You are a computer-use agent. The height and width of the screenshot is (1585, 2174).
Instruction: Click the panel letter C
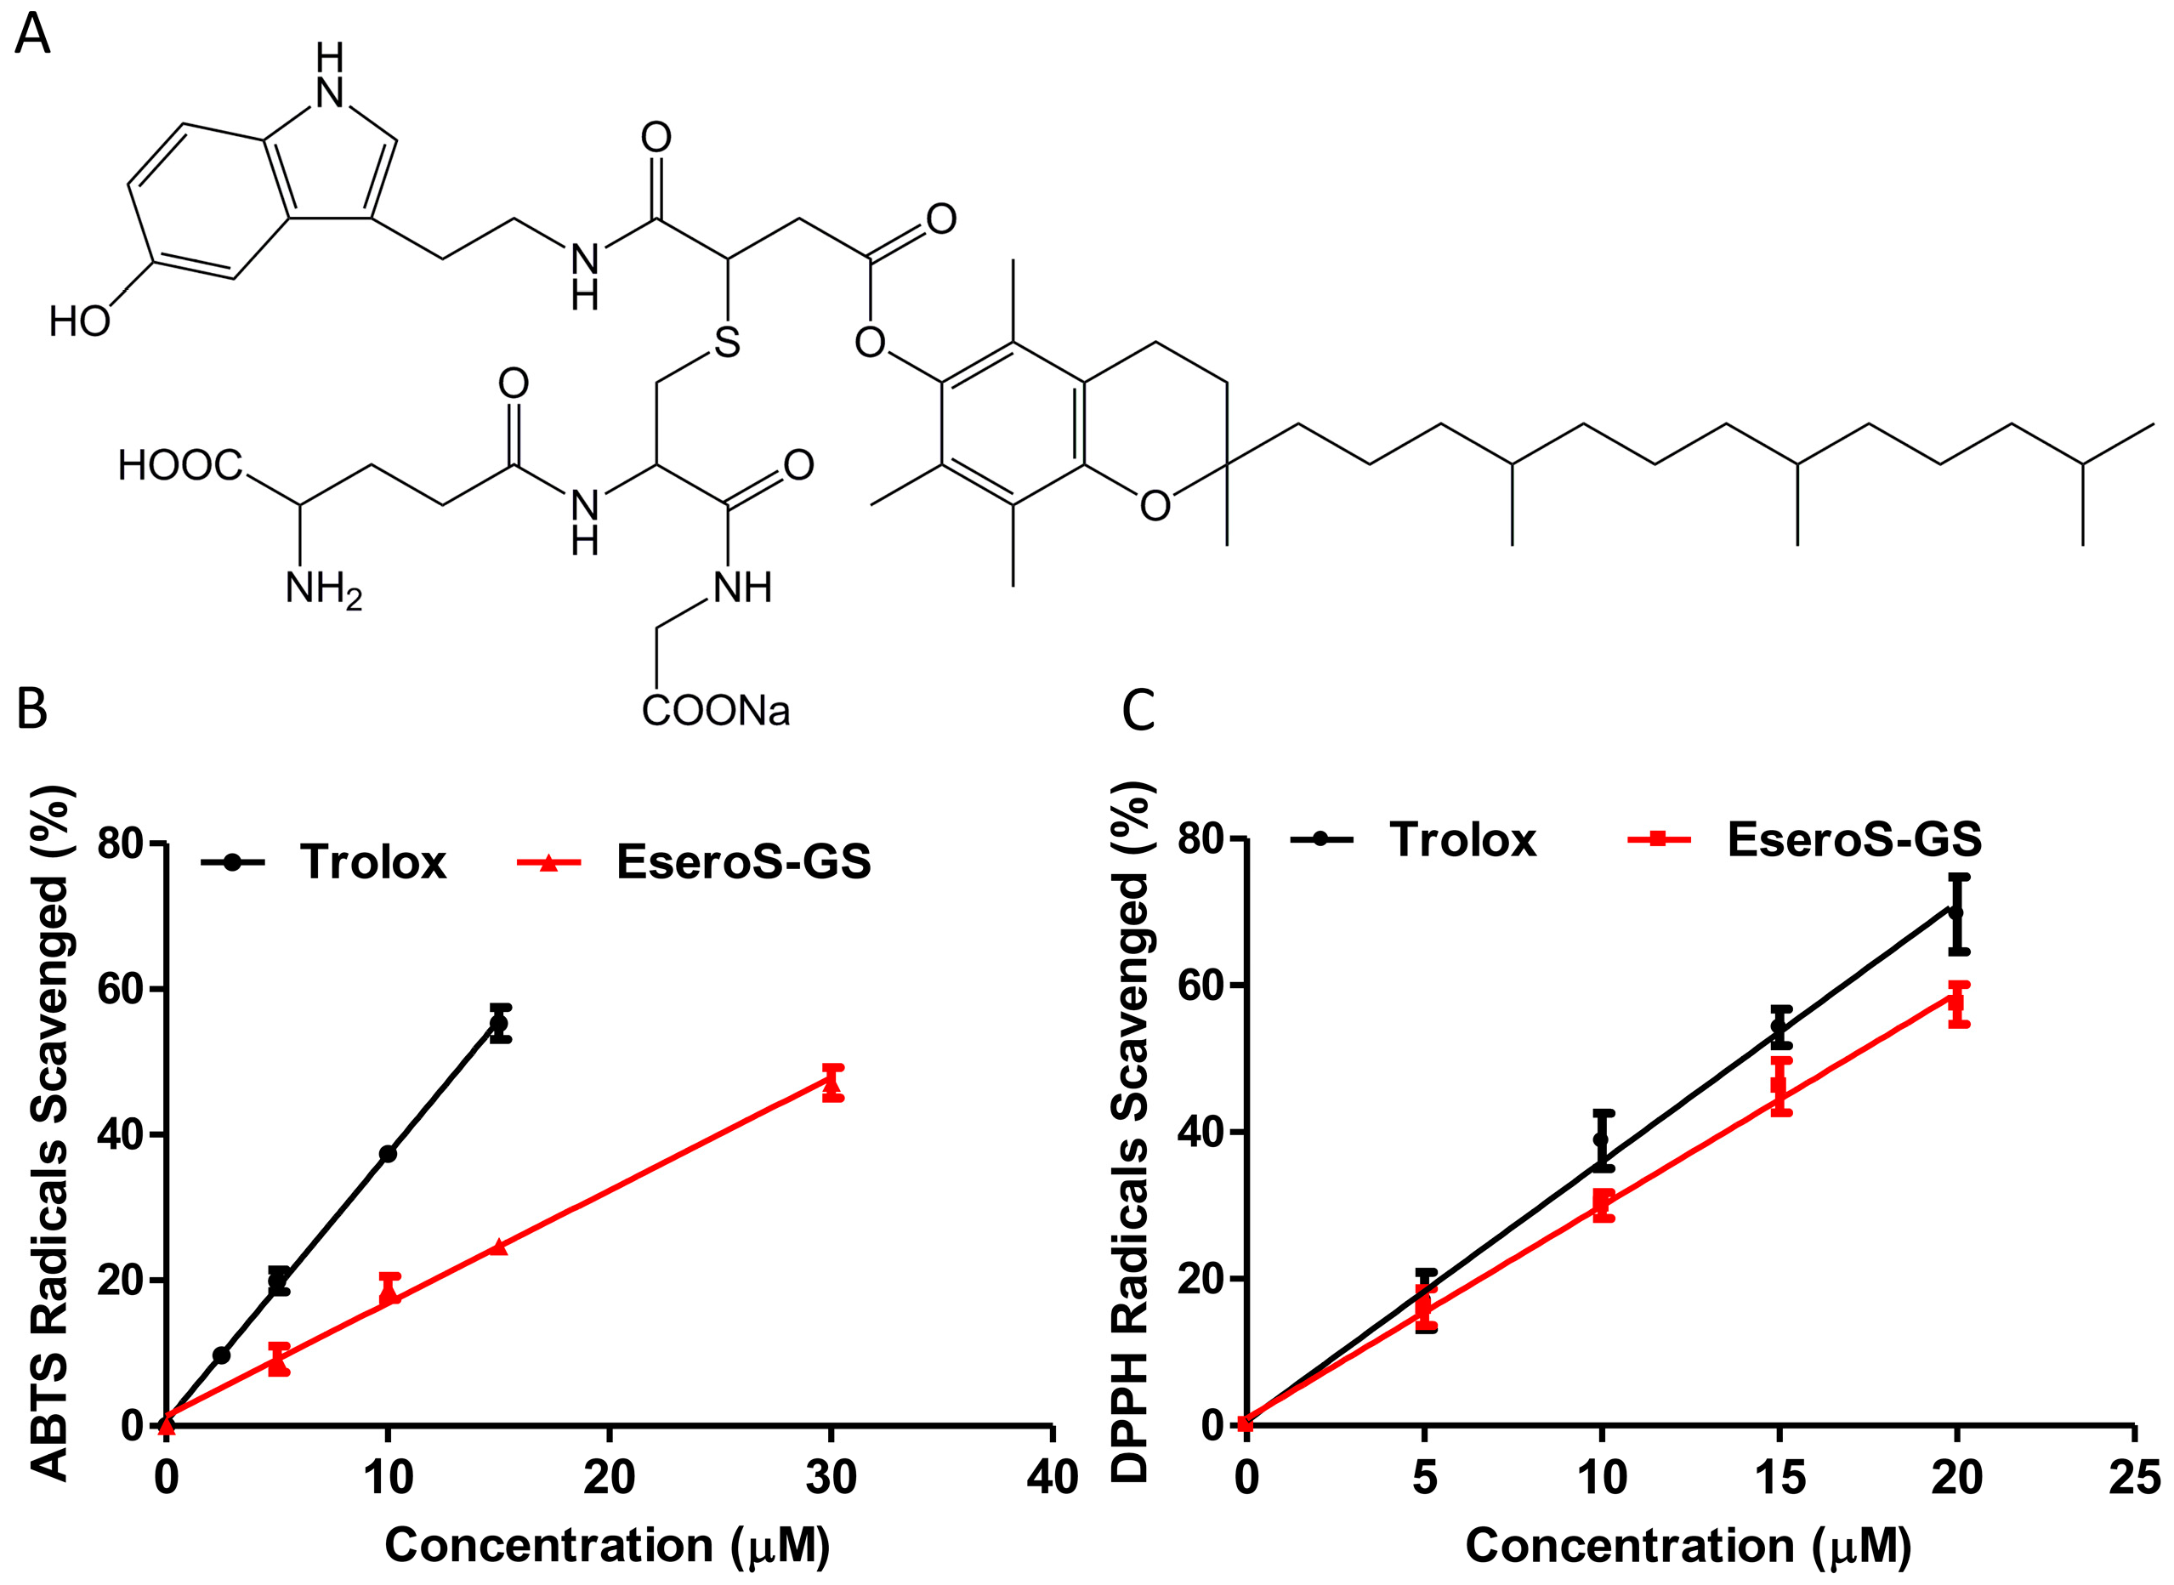1138,711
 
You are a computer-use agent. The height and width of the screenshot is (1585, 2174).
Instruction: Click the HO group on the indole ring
80,321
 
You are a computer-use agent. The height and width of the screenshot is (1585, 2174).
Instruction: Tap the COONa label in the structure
716,711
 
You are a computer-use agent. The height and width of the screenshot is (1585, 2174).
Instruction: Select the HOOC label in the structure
180,466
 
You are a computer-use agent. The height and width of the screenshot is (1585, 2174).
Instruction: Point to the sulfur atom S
727,343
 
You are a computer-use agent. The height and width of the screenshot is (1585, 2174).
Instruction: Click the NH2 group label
323,588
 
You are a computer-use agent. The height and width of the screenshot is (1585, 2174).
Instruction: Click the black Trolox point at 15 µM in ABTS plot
499,1024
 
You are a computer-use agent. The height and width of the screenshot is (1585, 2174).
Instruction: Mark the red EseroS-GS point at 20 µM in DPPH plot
1958,1003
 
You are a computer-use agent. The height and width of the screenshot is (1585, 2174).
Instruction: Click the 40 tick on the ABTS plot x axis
1053,1478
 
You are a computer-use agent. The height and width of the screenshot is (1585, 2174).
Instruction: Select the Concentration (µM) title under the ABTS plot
607,1546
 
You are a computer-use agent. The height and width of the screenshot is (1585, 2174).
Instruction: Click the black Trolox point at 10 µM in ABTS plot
388,1154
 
